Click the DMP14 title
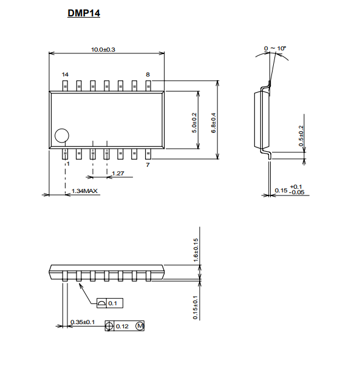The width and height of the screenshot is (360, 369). tap(84, 13)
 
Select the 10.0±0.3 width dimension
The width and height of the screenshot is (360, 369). tap(103, 50)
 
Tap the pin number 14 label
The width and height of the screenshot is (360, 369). tap(65, 75)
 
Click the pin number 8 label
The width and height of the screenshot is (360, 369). tap(148, 75)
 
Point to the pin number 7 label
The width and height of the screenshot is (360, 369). tap(148, 164)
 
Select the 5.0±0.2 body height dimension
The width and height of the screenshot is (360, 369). tap(194, 123)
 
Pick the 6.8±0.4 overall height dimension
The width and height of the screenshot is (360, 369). tap(213, 123)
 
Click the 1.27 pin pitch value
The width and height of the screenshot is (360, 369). tap(118, 174)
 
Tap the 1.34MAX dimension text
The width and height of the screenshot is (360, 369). tap(84, 191)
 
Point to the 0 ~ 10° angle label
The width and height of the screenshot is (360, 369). tap(275, 48)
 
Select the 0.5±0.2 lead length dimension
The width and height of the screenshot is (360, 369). tap(301, 136)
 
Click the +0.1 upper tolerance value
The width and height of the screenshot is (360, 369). tap(296, 186)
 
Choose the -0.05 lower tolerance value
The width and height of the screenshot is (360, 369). tap(297, 192)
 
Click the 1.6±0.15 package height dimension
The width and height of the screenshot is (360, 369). tap(196, 250)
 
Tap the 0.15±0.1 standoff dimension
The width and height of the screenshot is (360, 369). tap(195, 308)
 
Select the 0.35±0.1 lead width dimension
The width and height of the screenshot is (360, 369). tap(83, 322)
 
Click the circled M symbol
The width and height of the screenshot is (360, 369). tap(140, 326)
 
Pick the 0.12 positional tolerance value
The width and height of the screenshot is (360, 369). tap(122, 327)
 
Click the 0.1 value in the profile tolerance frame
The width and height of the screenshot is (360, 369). tap(112, 303)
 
